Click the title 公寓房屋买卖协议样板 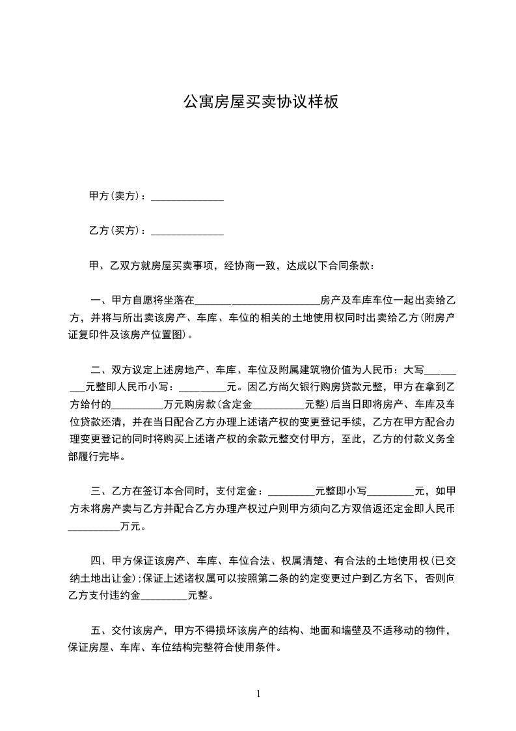coord(260,102)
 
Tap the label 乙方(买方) coord(114,231)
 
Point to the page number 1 coord(258,694)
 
